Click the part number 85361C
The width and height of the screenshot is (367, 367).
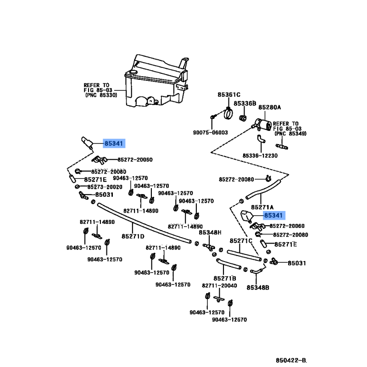(x=229, y=95)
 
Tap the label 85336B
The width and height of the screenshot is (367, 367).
(x=245, y=104)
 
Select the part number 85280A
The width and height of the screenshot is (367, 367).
(x=270, y=107)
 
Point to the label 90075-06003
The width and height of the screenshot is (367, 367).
(x=210, y=133)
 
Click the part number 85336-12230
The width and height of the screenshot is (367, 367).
(x=261, y=156)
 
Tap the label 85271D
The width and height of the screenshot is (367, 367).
(x=133, y=236)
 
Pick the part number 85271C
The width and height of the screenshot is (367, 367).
(x=241, y=241)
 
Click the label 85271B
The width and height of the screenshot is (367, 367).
(x=225, y=278)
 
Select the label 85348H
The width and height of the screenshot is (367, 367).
(x=210, y=233)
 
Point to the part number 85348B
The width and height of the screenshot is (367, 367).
(x=258, y=288)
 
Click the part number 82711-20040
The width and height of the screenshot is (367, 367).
(x=219, y=285)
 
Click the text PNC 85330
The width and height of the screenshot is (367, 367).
(x=100, y=95)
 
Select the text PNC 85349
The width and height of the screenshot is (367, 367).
(x=290, y=133)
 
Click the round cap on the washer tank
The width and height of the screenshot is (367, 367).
(x=133, y=72)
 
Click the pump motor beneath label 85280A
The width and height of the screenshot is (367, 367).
(x=262, y=123)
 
